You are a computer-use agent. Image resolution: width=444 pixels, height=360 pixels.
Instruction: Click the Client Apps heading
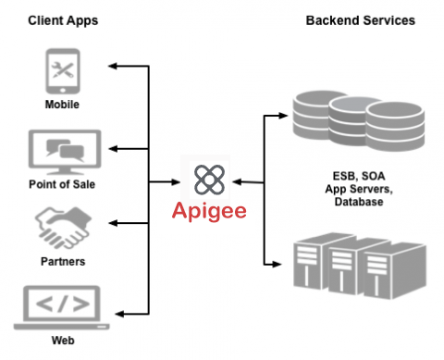pos(62,19)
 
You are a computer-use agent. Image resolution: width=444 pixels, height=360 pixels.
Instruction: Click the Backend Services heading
pos(360,19)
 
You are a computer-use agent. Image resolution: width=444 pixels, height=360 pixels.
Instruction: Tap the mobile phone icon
pos(62,72)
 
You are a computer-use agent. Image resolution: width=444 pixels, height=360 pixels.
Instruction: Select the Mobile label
pos(62,105)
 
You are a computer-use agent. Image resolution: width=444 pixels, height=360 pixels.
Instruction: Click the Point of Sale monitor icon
pos(62,151)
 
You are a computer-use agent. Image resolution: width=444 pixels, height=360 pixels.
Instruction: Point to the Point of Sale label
pos(62,183)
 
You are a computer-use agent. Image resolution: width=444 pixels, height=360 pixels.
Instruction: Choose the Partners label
pos(62,261)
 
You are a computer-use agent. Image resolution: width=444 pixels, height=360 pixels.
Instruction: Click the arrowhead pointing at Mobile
pos(113,67)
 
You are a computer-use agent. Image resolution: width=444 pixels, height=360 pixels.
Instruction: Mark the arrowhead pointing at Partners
pos(113,224)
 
